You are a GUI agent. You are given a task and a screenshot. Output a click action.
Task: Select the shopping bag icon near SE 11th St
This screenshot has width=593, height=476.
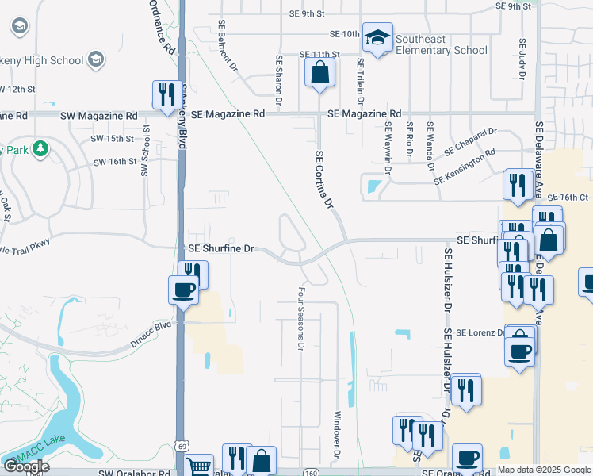(319, 73)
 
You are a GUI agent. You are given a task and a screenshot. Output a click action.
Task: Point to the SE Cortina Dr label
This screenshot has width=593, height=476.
(323, 181)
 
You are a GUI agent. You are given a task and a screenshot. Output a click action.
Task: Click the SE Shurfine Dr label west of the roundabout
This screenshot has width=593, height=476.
(220, 249)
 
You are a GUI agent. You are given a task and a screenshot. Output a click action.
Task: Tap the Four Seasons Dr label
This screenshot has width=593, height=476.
(301, 319)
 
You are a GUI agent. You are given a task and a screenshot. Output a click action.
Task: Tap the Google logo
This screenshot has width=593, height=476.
(26, 466)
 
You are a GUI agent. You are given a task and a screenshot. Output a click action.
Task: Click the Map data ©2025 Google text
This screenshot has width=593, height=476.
(544, 470)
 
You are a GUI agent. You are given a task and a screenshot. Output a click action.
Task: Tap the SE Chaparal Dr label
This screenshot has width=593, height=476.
(469, 141)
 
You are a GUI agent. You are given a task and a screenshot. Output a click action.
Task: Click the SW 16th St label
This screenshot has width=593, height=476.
(115, 162)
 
